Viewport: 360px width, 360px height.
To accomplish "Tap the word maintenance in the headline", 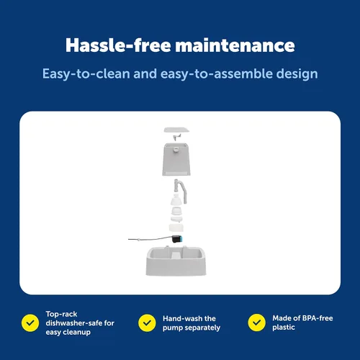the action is (x=235, y=45).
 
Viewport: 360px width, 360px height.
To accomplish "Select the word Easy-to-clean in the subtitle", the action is (x=86, y=74).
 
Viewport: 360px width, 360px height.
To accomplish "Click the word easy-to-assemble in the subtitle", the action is (x=217, y=74).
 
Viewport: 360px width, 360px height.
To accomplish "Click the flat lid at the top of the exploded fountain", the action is (x=176, y=130).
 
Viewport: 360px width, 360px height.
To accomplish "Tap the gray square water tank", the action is (x=176, y=159).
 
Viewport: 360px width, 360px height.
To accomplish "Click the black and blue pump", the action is (x=178, y=239).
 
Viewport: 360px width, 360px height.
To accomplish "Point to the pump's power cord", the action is (x=150, y=238).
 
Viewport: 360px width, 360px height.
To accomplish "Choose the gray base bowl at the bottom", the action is (x=176, y=261).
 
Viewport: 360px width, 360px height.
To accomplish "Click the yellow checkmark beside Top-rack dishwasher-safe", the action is (x=30, y=323).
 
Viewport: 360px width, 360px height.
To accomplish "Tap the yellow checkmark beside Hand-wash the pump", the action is (x=147, y=323).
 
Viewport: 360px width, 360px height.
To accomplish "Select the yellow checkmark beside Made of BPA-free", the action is (x=257, y=323).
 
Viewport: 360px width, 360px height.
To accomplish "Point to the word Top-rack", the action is (x=61, y=314).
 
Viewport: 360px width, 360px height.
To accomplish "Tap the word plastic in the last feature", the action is (x=284, y=328).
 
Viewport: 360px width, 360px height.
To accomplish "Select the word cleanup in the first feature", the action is (x=77, y=333).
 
